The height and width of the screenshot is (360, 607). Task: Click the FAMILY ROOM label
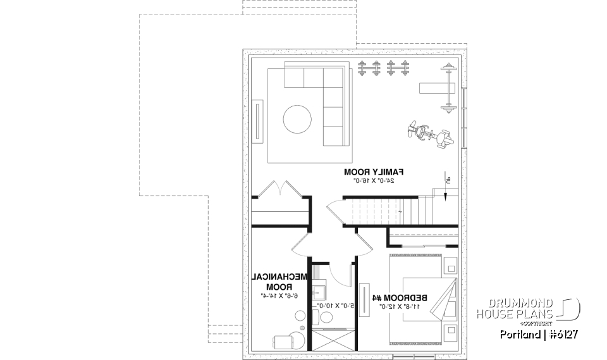[x=374, y=171]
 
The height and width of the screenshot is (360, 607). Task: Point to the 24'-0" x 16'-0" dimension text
[x=374, y=181]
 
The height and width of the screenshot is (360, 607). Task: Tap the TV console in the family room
[x=259, y=120]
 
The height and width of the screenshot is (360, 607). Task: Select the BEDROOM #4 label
[x=400, y=297]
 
